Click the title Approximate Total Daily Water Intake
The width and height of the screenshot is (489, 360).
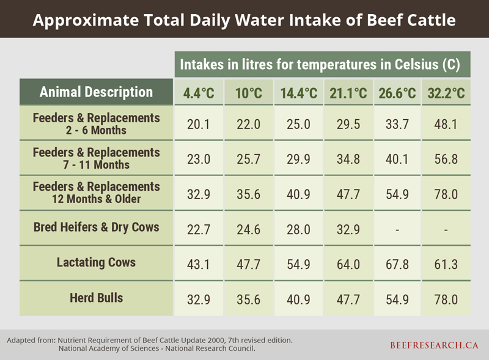coord(244,20)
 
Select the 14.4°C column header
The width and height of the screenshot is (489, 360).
coord(298,94)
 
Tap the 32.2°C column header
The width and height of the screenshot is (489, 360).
coord(446,94)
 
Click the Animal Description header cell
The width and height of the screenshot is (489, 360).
coord(96,92)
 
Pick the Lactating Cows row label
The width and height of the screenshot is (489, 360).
coord(96,262)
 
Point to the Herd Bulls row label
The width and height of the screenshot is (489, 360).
coord(96,298)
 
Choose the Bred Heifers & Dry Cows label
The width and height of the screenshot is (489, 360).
coord(96,227)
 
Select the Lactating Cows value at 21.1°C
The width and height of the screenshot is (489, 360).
coord(348,265)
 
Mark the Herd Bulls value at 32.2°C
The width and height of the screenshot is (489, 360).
coord(446,300)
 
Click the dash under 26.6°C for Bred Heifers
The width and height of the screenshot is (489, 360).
coord(397,230)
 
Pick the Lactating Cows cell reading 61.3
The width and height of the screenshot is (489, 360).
coord(446,265)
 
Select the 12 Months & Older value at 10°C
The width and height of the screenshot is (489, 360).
coord(249,194)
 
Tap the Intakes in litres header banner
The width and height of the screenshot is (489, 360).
coord(319,64)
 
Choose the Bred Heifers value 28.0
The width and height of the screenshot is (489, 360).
coord(298,230)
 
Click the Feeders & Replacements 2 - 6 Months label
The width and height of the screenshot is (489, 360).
coord(96,123)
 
